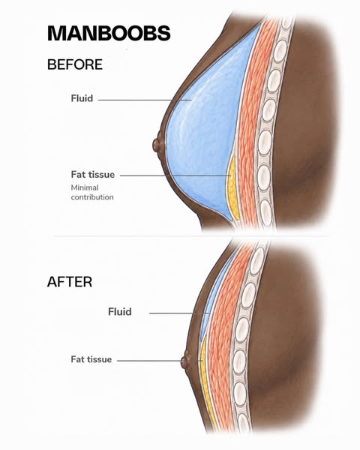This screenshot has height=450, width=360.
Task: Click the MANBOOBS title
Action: tap(109, 33)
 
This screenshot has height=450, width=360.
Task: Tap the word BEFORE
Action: tap(75, 64)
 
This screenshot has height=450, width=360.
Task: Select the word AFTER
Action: tap(70, 282)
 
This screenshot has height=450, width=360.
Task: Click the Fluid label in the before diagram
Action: tap(82, 98)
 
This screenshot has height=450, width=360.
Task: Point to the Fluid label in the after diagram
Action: tap(120, 312)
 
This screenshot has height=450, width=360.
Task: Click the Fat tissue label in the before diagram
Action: tap(93, 175)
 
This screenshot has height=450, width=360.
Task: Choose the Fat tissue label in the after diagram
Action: tap(91, 359)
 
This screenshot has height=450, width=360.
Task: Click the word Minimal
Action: tap(85, 187)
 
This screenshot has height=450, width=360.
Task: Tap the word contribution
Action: tap(92, 197)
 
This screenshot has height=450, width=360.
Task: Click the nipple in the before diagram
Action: tap(157, 145)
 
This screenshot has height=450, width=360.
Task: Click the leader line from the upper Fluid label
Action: tap(145, 100)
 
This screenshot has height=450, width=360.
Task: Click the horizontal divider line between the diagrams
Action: tap(192, 236)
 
